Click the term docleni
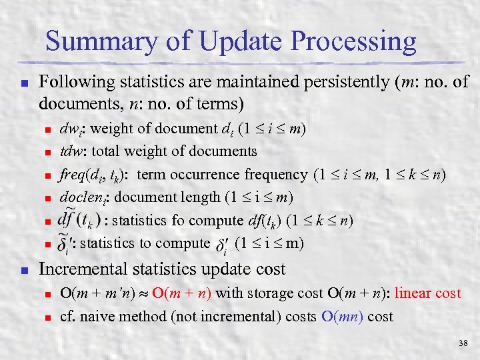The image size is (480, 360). tap(83, 197)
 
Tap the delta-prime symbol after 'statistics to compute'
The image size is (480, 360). tap(223, 246)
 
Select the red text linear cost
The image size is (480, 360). tap(428, 293)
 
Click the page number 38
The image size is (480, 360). tap(463, 343)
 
